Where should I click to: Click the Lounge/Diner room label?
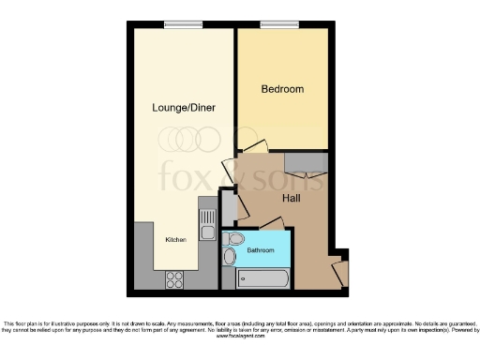tap(184, 108)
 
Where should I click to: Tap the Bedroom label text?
tap(281, 89)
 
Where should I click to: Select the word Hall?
tap(292, 199)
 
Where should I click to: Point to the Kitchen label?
tap(176, 240)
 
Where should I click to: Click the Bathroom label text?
tap(261, 250)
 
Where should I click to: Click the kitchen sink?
tap(207, 226)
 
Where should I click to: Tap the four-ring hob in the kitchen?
tap(174, 277)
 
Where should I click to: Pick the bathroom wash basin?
tap(230, 257)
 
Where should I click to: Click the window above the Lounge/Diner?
tap(176, 23)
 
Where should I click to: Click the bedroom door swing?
tap(255, 146)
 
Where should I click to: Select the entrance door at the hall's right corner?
tap(339, 272)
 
